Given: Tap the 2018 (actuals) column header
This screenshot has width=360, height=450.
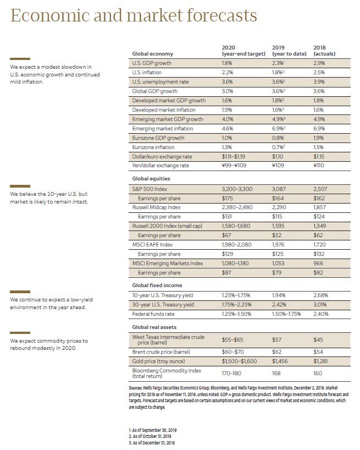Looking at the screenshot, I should [324, 51].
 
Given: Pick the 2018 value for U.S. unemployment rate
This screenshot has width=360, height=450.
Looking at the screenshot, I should [319, 82].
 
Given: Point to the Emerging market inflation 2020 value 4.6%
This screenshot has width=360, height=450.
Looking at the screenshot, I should [228, 129].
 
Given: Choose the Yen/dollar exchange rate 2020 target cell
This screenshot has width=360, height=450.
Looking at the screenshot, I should [237, 166].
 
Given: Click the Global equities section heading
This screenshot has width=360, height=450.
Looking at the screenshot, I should [151, 179].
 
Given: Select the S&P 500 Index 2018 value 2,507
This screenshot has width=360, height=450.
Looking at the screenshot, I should [322, 189].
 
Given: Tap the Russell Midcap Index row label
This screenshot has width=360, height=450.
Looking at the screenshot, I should [157, 207].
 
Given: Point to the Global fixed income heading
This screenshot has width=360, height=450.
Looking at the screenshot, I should [157, 286].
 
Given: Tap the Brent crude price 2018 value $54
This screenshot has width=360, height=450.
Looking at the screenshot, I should [318, 351].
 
